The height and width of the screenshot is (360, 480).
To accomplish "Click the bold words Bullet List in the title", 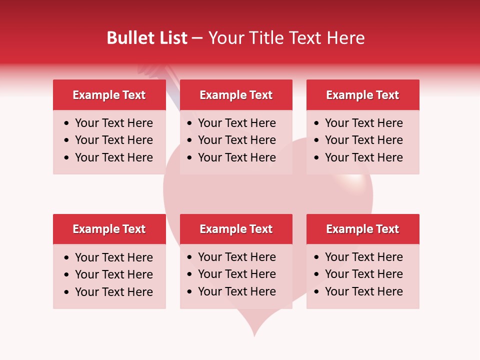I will [147, 38].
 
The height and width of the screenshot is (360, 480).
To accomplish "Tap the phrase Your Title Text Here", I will [286, 38].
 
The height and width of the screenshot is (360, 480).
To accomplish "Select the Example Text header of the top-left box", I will [109, 95].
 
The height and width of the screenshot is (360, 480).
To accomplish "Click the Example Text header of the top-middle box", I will [236, 95].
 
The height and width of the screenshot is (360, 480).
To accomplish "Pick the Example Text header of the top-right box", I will [362, 95].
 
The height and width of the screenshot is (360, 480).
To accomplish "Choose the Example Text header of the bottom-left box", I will [109, 229].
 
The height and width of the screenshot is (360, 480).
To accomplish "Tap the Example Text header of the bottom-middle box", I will [236, 229].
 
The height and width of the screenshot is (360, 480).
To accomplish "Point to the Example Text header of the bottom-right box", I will [362, 229].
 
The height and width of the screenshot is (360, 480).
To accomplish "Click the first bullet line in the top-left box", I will [114, 123].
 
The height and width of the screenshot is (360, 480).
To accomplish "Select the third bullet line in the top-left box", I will [114, 157].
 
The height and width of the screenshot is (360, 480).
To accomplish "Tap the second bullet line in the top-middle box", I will [237, 140].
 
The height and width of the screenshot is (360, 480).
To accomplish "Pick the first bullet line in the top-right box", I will [364, 123].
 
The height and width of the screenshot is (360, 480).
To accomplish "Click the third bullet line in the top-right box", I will [364, 157].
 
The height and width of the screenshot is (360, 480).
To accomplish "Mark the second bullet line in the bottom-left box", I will [114, 274].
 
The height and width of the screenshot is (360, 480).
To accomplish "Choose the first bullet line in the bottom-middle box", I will [237, 257].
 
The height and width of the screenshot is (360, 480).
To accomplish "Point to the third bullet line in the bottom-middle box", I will [237, 291].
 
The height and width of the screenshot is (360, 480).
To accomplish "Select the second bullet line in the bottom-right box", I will [364, 274].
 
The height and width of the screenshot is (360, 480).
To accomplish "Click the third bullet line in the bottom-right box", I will [364, 291].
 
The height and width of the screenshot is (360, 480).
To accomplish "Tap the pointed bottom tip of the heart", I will [255, 335].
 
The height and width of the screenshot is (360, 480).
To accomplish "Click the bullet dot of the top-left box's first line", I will [67, 123].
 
